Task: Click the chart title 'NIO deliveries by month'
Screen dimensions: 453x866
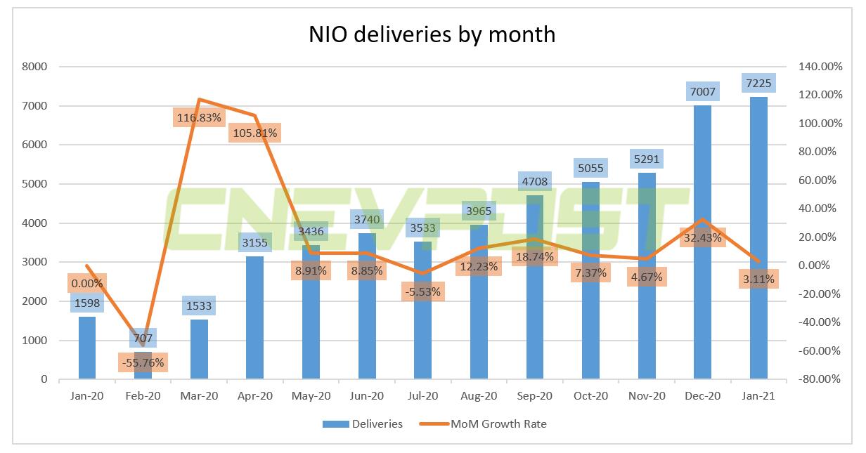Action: tap(432, 34)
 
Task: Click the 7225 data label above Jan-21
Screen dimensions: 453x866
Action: tap(758, 84)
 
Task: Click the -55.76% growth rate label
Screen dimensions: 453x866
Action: tap(142, 362)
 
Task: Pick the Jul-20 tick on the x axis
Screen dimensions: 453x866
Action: tap(422, 395)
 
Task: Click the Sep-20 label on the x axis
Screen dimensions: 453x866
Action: tap(534, 395)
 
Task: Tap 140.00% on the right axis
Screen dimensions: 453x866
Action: tap(820, 67)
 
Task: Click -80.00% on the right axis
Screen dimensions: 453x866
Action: tap(820, 379)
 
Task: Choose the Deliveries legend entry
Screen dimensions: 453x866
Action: tap(363, 424)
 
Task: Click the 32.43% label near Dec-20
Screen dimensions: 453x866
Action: tap(702, 237)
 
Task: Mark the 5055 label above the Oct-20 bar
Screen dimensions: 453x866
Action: tap(590, 169)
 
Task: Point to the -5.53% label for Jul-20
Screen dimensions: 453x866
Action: tap(422, 291)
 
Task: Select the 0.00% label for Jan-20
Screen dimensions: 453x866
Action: tap(86, 283)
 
